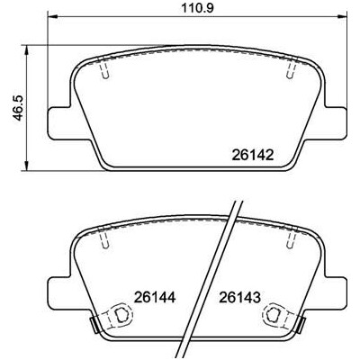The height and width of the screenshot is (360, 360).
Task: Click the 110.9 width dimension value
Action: tap(197, 8)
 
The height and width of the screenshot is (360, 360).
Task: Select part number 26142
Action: tap(253, 155)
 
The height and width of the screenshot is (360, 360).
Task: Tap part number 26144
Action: tap(155, 297)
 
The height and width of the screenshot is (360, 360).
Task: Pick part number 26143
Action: tap(239, 297)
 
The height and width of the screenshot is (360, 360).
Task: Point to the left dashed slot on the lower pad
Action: tap(103, 238)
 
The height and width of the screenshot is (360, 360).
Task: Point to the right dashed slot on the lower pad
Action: tap(291, 238)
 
